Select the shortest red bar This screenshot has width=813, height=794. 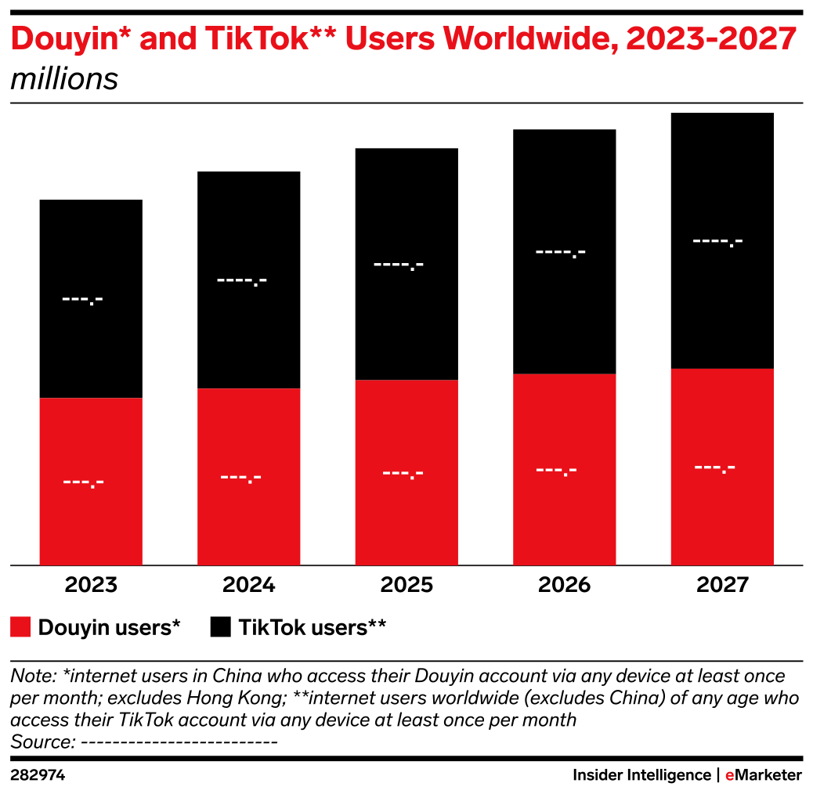point(91,481)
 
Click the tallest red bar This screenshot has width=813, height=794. point(722,467)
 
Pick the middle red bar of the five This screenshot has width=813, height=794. point(406,472)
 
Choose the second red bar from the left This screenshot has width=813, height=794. point(249,476)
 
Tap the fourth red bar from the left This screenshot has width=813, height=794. point(565,469)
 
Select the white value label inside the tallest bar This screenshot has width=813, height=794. point(715,468)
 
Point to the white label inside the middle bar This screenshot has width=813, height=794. point(403,474)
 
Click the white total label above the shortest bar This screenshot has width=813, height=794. point(83,299)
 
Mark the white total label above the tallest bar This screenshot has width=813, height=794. point(718,241)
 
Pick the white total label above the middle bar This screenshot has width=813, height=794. point(399,265)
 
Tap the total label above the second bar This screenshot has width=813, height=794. point(242,280)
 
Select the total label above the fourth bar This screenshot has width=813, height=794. point(561,253)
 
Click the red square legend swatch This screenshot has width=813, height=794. point(21,626)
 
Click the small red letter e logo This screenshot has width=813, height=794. point(729,775)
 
